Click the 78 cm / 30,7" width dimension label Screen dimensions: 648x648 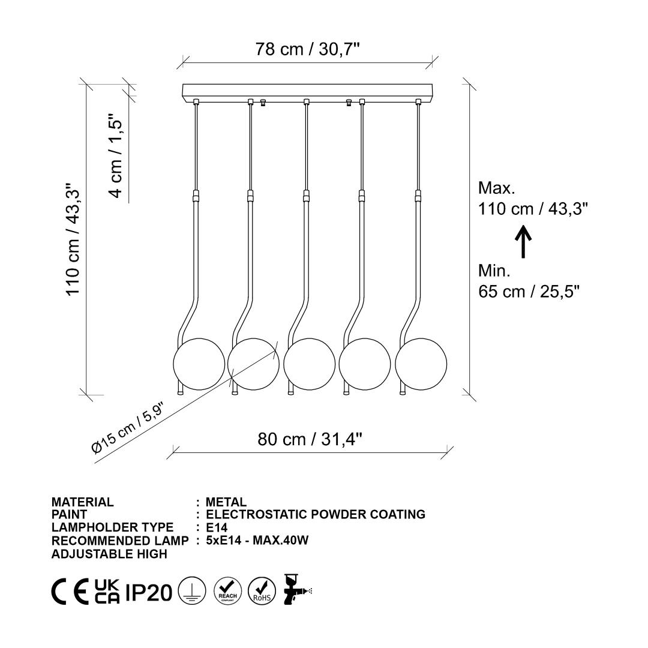pos(307,49)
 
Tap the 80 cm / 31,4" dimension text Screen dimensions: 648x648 pos(310,439)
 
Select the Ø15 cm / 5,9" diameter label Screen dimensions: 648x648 pos(128,428)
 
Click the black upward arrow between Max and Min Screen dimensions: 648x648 pos(523,241)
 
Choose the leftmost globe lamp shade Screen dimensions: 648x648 pos(199,364)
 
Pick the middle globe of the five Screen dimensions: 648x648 pos(309,364)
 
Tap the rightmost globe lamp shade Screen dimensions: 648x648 pos(421,364)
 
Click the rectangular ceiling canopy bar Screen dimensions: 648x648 pos(307,92)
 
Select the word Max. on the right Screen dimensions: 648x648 pos(496,188)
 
